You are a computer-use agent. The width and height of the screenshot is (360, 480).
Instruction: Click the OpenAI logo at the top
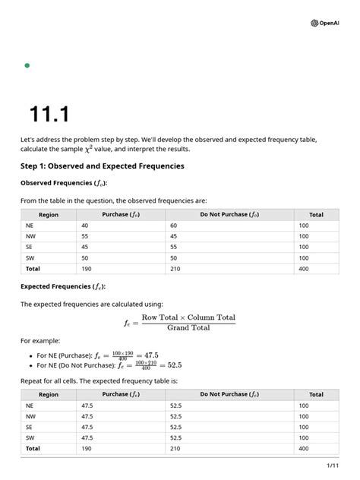coord(325,23)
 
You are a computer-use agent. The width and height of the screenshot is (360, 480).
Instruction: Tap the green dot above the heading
coord(27,65)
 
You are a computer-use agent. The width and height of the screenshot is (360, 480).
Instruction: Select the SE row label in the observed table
coord(30,247)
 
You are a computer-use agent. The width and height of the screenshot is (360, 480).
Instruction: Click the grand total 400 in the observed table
coord(304,268)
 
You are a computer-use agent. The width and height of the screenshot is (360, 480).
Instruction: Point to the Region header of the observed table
coord(49,214)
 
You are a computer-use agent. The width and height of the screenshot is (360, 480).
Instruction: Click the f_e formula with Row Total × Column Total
coord(179,322)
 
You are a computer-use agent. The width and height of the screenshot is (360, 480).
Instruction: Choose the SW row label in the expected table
coord(30,437)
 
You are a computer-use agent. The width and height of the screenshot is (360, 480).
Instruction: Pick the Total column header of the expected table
coord(316,395)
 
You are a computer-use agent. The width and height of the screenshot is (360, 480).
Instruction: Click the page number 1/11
coord(332,465)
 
